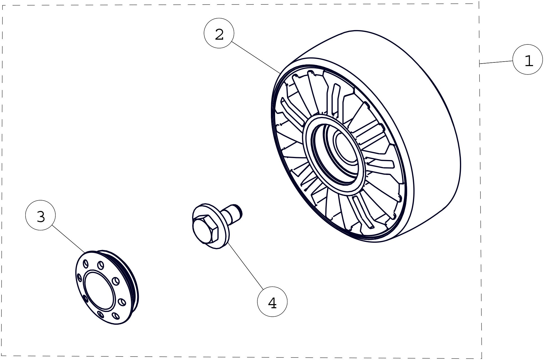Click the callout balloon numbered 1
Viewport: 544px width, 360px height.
(527, 59)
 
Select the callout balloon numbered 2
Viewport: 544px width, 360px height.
(219, 33)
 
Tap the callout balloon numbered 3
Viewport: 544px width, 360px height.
(40, 215)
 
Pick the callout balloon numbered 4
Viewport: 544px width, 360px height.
(272, 301)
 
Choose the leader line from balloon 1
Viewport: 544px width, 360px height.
(496, 62)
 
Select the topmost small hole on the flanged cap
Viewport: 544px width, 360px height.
(100, 265)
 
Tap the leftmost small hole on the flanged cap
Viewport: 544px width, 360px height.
(79, 278)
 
